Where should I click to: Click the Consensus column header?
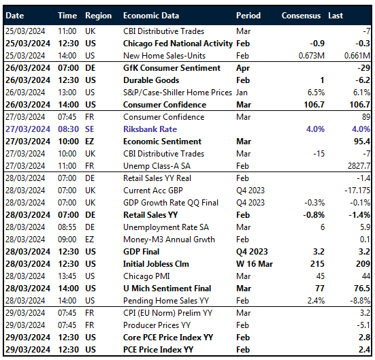[x=301, y=15]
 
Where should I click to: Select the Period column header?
[x=248, y=15]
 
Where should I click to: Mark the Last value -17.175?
[x=356, y=190]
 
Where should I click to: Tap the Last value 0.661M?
[x=356, y=55]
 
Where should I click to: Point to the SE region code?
[x=91, y=129]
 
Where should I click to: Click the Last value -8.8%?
[x=359, y=300]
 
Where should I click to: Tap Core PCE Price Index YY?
[x=168, y=337]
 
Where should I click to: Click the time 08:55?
[x=67, y=227]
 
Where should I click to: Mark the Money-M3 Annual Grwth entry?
[x=168, y=239]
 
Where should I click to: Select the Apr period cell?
[x=242, y=68]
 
